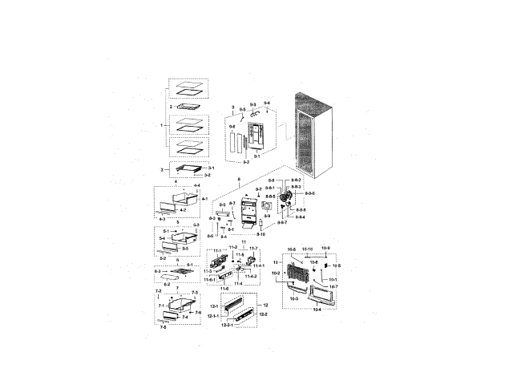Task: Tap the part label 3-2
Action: [207, 174]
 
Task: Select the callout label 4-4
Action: [196, 185]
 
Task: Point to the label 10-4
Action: [316, 308]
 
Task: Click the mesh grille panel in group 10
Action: [295, 276]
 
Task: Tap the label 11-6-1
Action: [209, 280]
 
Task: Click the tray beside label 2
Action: [189, 106]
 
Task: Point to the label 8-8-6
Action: [301, 210]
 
